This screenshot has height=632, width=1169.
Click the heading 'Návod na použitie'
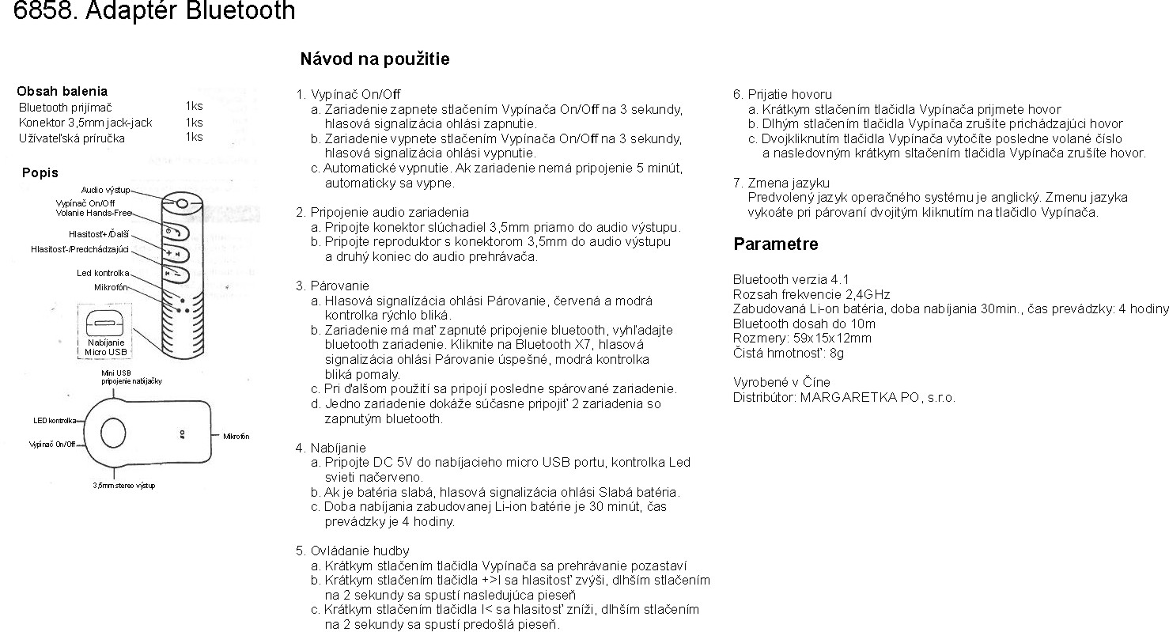click(375, 59)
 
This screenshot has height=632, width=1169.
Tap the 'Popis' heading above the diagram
click(40, 173)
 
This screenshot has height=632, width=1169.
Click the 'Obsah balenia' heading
click(62, 91)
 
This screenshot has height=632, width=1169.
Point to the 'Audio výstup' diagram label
click(105, 191)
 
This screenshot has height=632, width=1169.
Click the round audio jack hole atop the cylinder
click(182, 203)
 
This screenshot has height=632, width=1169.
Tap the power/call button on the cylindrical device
click(175, 232)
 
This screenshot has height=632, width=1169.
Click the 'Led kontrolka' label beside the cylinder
click(103, 273)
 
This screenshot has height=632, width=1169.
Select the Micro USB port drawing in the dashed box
click(105, 323)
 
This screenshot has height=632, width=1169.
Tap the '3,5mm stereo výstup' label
click(124, 485)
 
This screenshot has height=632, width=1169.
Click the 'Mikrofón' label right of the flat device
click(236, 437)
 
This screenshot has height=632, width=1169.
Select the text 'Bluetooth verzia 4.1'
click(791, 279)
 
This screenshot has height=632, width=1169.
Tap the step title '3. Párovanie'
click(332, 286)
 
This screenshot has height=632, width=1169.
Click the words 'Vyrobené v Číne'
click(781, 383)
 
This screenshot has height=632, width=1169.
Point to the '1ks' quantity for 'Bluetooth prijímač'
click(194, 106)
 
